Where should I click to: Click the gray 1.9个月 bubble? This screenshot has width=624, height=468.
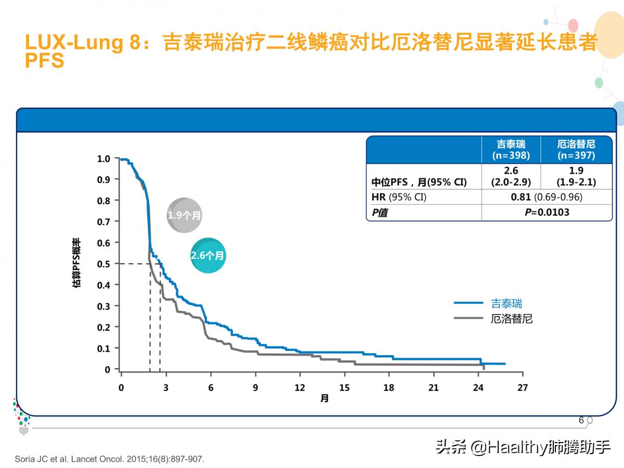pos(184,215)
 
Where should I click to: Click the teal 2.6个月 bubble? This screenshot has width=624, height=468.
pos(207,255)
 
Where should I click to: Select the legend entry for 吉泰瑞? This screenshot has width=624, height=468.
pos(506,303)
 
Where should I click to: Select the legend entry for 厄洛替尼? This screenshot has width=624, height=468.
pos(512,319)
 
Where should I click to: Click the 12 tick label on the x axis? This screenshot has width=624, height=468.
pos(300,387)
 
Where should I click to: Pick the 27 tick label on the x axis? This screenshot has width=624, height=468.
pos(523,387)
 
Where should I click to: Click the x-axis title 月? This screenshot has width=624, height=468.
pos(324,399)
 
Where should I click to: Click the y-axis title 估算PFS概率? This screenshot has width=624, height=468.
pos(77,263)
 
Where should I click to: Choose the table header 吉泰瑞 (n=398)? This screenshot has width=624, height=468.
pos(511,150)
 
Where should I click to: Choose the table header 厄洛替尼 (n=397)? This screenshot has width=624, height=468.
pos(576,150)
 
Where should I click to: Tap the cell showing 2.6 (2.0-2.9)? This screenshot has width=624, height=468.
pos(511,176)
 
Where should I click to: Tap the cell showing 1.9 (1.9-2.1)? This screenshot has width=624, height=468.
pos(576,176)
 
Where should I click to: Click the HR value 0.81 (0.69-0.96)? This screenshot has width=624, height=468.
pos(546,197)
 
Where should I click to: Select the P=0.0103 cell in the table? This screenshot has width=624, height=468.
pos(546,212)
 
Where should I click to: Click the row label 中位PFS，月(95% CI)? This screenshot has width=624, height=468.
pos(419,182)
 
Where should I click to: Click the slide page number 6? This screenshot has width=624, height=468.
pos(581,420)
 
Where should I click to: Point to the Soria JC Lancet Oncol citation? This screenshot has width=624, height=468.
pos(110,459)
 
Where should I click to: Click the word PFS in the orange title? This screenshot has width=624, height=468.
pos(45,61)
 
